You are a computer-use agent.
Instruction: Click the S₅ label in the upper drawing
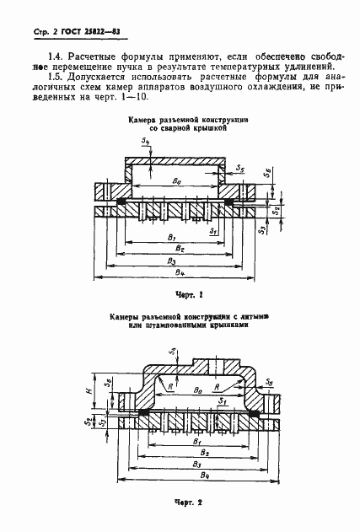coord(241,169)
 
